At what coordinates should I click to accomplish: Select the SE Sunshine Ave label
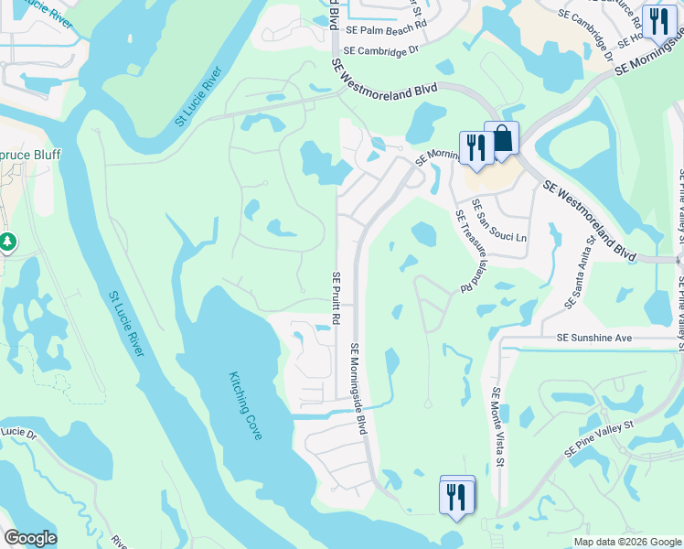(595, 338)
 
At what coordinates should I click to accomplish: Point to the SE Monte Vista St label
(498, 427)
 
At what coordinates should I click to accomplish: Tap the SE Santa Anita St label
(584, 265)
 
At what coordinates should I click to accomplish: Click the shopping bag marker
(502, 139)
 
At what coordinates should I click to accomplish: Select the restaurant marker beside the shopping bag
(476, 146)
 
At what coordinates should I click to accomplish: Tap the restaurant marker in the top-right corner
(658, 20)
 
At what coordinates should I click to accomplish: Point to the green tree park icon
(7, 242)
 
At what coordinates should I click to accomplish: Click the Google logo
(30, 538)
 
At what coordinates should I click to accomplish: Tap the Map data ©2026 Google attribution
(626, 542)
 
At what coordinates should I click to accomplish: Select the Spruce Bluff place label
(30, 155)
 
